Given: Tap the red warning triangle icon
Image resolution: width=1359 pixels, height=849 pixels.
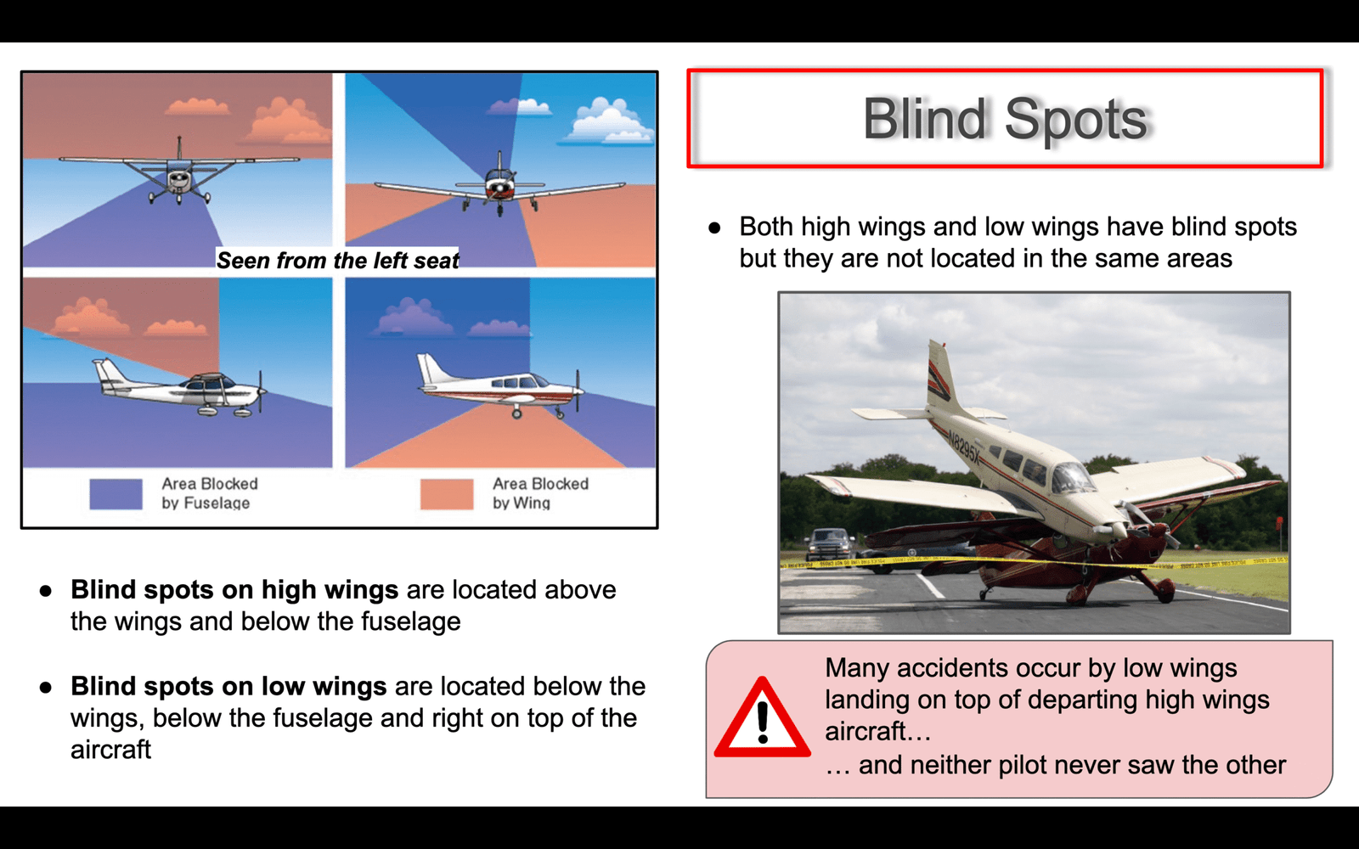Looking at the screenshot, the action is click(x=762, y=717).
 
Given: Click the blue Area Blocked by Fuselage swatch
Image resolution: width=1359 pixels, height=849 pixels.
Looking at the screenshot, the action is click(x=116, y=493).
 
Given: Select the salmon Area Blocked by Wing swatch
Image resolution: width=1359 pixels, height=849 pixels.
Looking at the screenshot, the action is click(x=447, y=493).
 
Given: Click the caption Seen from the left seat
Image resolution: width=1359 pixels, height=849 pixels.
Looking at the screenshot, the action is click(x=338, y=260).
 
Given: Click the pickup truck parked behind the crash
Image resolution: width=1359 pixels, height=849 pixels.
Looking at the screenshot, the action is click(x=829, y=544).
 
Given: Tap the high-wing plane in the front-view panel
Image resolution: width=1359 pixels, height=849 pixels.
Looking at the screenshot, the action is click(x=179, y=172).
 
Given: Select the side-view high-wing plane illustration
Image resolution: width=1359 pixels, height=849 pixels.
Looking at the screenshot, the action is click(x=180, y=388).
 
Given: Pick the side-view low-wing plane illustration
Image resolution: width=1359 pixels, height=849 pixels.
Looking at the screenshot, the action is click(x=501, y=386).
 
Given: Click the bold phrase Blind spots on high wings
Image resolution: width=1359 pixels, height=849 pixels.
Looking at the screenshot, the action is click(x=234, y=589).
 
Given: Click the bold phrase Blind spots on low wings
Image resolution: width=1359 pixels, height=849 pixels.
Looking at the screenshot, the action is click(x=228, y=686).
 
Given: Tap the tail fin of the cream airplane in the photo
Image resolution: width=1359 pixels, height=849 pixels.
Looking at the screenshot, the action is click(x=939, y=376).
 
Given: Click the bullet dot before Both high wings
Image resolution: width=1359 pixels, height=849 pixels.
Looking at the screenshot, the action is click(x=714, y=228).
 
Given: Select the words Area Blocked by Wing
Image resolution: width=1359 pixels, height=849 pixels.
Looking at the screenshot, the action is click(x=540, y=493).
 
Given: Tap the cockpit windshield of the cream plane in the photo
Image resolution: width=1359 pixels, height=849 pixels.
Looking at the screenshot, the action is click(x=1073, y=477).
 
